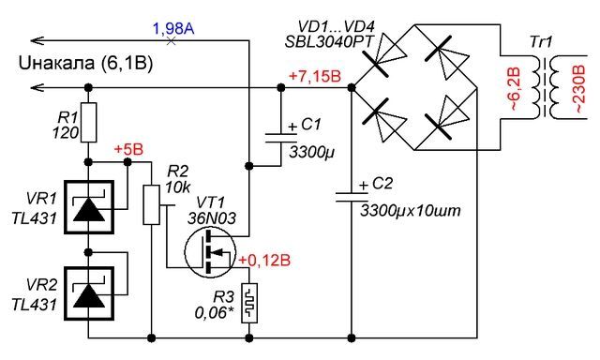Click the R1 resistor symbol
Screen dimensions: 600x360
tap(88, 123)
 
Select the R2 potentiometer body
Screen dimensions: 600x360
tap(152, 204)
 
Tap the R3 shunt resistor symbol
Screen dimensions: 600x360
tap(249, 304)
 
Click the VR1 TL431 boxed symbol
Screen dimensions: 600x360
tap(88, 207)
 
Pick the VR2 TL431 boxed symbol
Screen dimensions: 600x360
tap(88, 293)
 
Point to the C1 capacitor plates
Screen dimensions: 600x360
tap(280, 138)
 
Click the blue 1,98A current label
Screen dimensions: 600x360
tap(173, 29)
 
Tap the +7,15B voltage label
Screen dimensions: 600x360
tap(315, 77)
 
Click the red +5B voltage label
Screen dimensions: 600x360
tap(129, 150)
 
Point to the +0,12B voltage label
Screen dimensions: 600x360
tap(264, 261)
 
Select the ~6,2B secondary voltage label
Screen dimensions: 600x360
tap(515, 89)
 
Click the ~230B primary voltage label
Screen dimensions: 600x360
tap(578, 89)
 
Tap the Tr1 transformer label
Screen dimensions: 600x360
tap(542, 42)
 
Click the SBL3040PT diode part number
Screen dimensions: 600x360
tap(329, 41)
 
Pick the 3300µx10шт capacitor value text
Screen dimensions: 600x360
tap(411, 211)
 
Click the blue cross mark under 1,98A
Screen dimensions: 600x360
tap(171, 40)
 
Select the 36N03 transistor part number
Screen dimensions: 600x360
tap(212, 218)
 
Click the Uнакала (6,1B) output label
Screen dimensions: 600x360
tap(85, 63)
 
